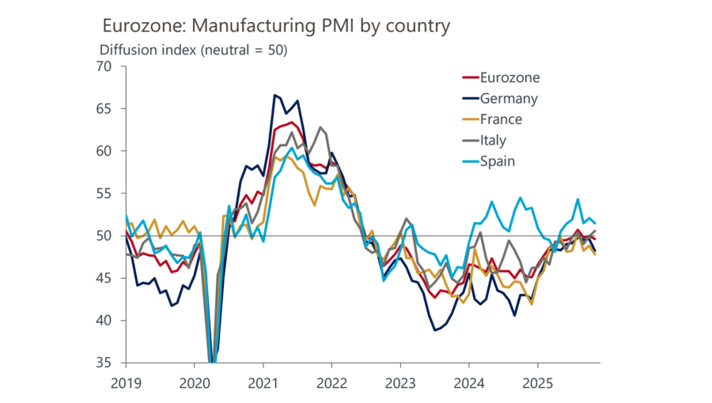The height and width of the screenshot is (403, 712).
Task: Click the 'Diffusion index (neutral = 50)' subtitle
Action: (193, 50)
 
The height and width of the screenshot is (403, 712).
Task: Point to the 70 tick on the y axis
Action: (106, 66)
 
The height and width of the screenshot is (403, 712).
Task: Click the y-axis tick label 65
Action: (106, 108)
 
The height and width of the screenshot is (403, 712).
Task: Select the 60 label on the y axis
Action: (106, 151)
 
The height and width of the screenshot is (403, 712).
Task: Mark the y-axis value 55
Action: (106, 194)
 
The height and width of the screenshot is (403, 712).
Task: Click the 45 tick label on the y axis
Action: (106, 278)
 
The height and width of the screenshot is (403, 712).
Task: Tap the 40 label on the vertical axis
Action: (106, 321)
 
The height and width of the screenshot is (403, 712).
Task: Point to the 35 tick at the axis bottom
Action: (106, 363)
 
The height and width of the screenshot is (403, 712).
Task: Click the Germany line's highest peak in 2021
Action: (275, 95)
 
